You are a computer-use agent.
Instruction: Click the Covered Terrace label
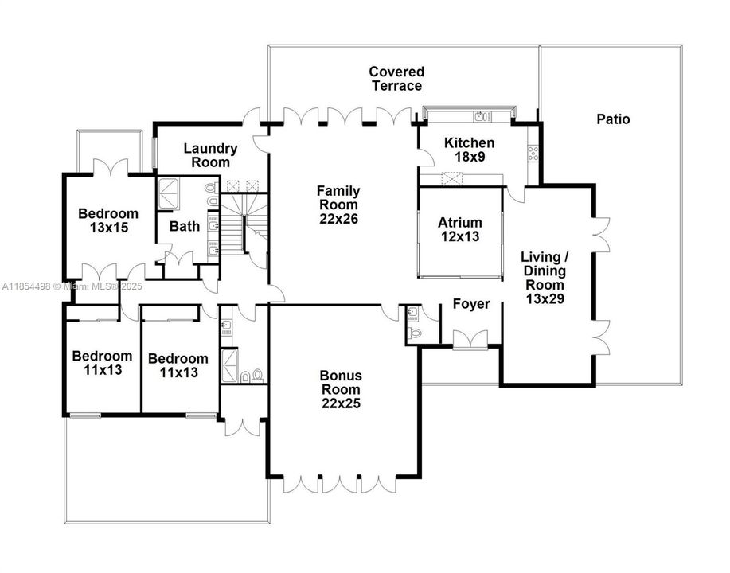point(396,79)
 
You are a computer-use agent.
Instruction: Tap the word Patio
point(612,119)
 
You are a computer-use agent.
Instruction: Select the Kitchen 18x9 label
point(469,150)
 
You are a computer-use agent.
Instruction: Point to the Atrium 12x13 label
point(460,229)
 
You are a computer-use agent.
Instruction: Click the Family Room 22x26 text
point(338,204)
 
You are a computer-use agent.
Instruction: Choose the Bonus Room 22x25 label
point(341,389)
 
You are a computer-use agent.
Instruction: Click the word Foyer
point(471,304)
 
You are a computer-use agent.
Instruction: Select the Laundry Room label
point(211,155)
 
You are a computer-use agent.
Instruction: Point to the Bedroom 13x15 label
point(108,220)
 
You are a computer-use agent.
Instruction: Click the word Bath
point(185,226)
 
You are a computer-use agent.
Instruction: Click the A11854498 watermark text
point(28,286)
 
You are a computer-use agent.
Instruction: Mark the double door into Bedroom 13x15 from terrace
point(107,168)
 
